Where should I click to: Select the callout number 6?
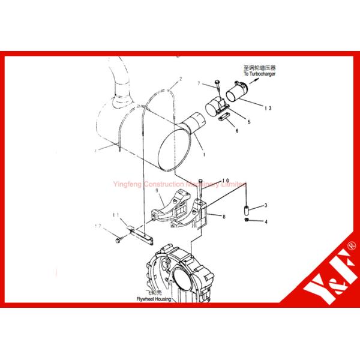(x=237, y=130)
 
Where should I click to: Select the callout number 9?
(x=157, y=191)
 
